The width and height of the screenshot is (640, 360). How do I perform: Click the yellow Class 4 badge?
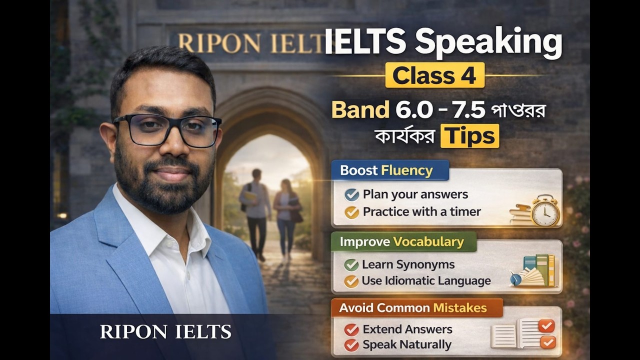(434, 75)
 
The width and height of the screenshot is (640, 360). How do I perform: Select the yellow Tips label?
(469, 135)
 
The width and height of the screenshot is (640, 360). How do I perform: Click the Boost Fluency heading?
(386, 170)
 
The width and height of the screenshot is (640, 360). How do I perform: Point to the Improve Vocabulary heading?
(402, 242)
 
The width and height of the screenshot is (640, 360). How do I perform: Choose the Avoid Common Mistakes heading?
(413, 308)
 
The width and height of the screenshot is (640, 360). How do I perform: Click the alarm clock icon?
(544, 211)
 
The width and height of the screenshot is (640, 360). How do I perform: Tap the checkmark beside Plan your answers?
(351, 194)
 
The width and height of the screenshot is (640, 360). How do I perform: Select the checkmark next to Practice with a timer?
(351, 212)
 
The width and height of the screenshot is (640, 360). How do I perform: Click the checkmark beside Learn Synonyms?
(351, 264)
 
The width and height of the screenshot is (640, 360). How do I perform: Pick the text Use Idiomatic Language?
(426, 281)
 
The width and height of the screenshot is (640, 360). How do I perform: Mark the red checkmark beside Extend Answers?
(351, 329)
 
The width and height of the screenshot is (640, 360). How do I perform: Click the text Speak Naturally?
(406, 344)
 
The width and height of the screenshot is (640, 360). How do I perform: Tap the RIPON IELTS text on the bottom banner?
(165, 331)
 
